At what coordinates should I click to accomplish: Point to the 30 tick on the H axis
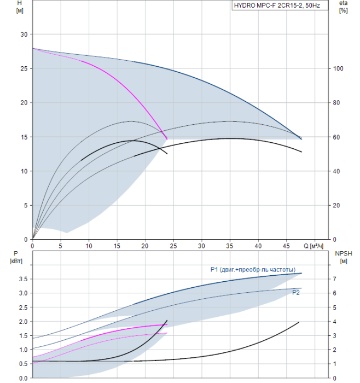[23, 34]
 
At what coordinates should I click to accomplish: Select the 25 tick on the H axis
[23, 68]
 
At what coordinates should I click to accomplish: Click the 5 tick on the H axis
[25, 205]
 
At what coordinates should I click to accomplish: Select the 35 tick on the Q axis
[201, 246]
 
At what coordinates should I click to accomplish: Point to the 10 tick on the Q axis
[89, 246]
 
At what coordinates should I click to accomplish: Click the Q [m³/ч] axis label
[316, 246]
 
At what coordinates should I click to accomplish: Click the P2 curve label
[295, 293]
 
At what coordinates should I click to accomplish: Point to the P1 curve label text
[253, 270]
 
